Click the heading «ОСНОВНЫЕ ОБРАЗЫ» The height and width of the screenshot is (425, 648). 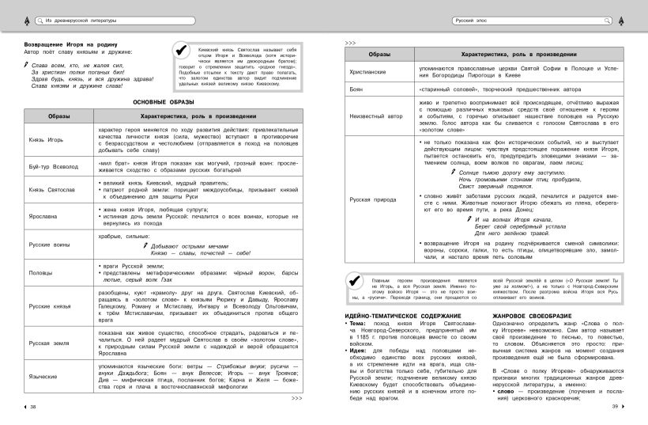point(164,103)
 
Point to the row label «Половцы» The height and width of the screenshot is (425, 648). point(40,271)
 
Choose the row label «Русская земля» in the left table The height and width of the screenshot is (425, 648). point(47,343)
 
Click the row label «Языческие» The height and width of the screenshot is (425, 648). point(43,377)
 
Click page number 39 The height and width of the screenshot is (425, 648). point(614,407)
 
